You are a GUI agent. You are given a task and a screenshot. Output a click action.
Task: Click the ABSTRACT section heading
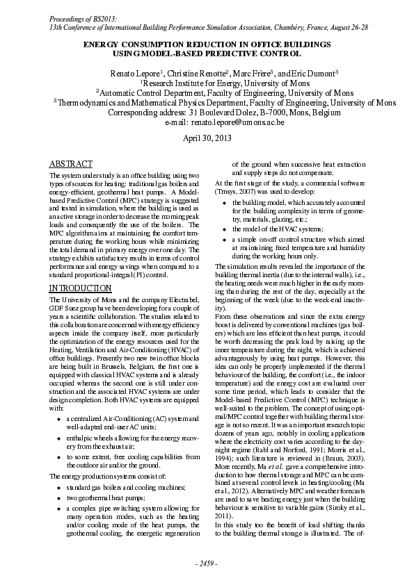70,164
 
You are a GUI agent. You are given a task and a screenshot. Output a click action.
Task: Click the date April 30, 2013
207,138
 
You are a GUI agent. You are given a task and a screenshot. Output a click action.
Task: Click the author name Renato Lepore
134,73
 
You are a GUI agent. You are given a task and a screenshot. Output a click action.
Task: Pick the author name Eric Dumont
310,73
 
